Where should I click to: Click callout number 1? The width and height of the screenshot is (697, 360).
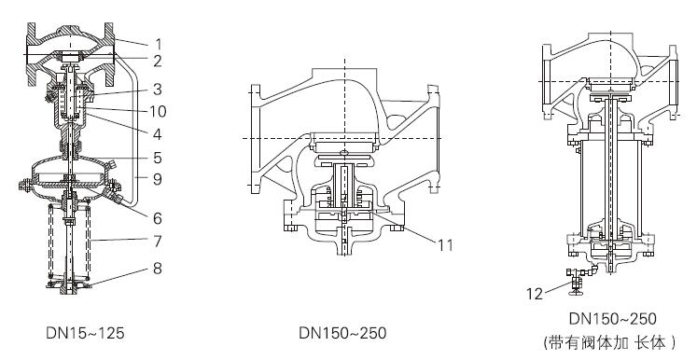click(x=158, y=44)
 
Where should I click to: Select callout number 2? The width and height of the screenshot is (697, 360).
click(x=158, y=62)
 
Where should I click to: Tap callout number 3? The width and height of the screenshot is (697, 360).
click(x=158, y=90)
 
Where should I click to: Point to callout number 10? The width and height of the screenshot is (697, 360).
click(x=158, y=111)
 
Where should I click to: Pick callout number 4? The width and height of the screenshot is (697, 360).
click(x=158, y=134)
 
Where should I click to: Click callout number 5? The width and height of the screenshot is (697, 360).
click(x=158, y=158)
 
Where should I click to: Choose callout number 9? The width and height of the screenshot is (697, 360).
click(x=158, y=180)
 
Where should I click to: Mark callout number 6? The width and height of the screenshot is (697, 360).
click(x=158, y=218)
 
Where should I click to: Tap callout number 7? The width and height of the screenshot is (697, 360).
click(x=158, y=242)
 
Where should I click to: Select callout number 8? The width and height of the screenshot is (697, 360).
click(x=158, y=269)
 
